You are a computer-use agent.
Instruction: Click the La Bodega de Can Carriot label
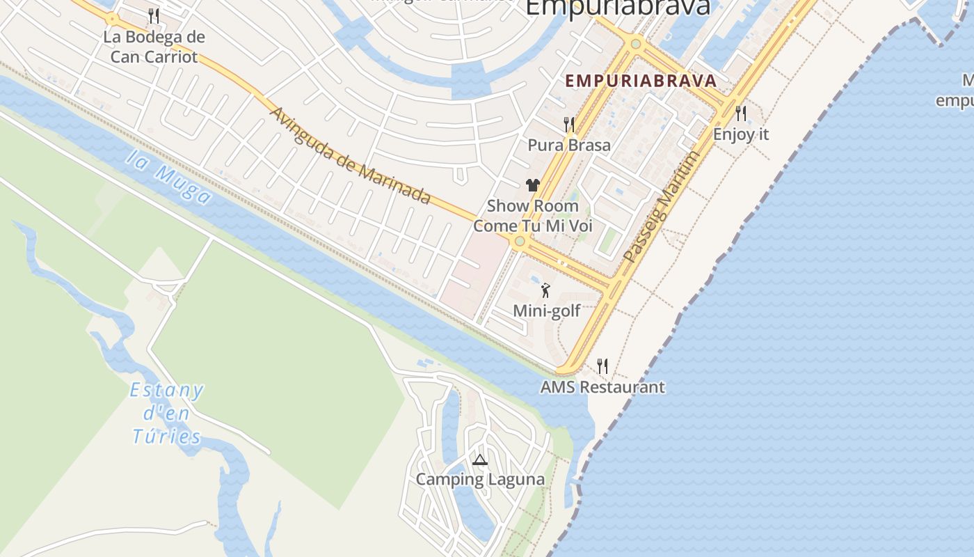tap(154, 47)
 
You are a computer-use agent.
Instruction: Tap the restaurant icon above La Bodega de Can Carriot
tap(154, 15)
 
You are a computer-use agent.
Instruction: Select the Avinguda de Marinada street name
tap(350, 156)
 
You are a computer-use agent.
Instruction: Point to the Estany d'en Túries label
tap(167, 414)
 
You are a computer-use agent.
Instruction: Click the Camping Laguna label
tap(480, 479)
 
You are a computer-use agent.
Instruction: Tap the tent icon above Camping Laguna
tap(479, 460)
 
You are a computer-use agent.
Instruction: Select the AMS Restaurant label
tap(602, 387)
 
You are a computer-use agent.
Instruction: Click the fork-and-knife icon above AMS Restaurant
tap(602, 366)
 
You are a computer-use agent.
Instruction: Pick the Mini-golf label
tap(546, 311)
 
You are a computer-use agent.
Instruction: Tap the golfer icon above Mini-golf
tap(545, 290)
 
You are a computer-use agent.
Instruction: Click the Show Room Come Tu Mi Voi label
tap(533, 216)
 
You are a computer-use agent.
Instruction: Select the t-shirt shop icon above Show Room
tap(533, 185)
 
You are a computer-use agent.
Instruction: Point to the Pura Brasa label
tap(569, 145)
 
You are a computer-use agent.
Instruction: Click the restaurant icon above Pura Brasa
tap(569, 125)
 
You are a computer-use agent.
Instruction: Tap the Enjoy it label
tap(741, 134)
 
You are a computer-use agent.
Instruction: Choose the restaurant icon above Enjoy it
tap(741, 113)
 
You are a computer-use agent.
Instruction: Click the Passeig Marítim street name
tap(661, 207)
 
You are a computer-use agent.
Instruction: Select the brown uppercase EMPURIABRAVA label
tap(641, 81)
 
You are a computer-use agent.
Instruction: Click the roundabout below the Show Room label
tap(519, 242)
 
